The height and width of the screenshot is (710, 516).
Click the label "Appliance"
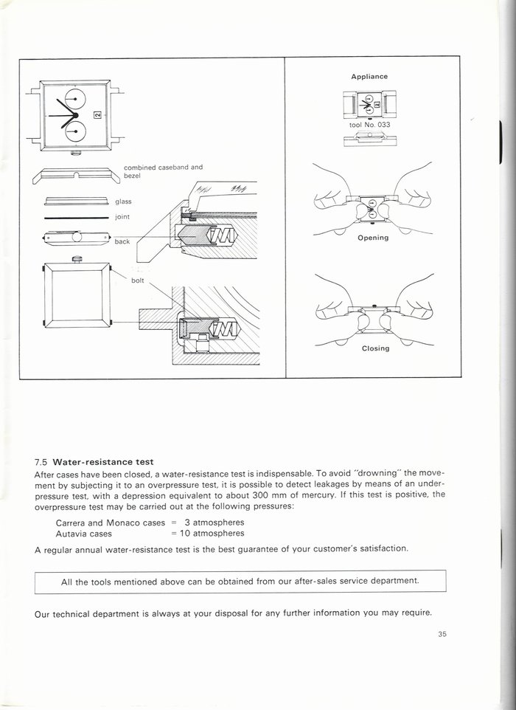[369, 77]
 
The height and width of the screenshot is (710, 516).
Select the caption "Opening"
[373, 238]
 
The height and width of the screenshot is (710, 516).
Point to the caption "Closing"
[375, 348]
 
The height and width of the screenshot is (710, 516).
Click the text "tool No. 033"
[369, 125]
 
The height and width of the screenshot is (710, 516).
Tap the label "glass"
[124, 201]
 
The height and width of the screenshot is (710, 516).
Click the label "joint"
[122, 217]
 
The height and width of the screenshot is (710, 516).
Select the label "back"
[122, 241]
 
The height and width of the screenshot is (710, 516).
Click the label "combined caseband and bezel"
[163, 171]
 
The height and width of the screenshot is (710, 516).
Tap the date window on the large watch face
[98, 114]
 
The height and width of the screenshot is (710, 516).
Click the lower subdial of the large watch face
[75, 131]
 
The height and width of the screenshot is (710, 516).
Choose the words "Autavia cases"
[83, 533]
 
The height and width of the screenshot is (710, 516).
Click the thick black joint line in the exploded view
[76, 218]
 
